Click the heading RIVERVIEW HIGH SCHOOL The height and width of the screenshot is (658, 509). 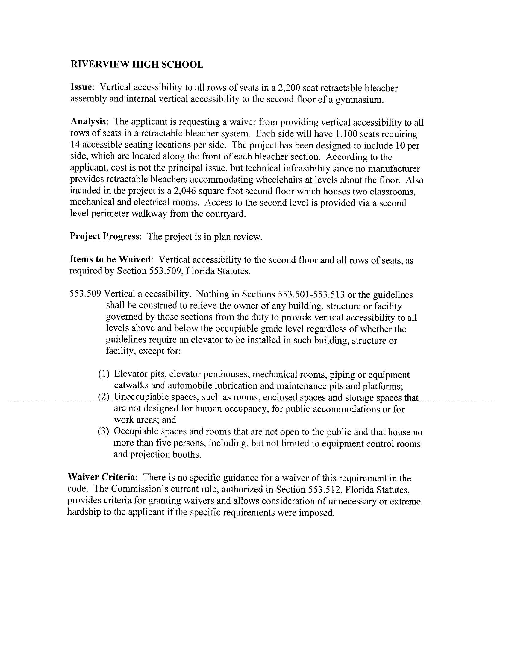(137, 64)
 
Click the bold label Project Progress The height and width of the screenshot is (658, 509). (104, 236)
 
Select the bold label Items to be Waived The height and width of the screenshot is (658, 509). (110, 259)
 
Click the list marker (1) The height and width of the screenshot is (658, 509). (103, 375)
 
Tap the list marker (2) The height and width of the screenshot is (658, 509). (103, 397)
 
